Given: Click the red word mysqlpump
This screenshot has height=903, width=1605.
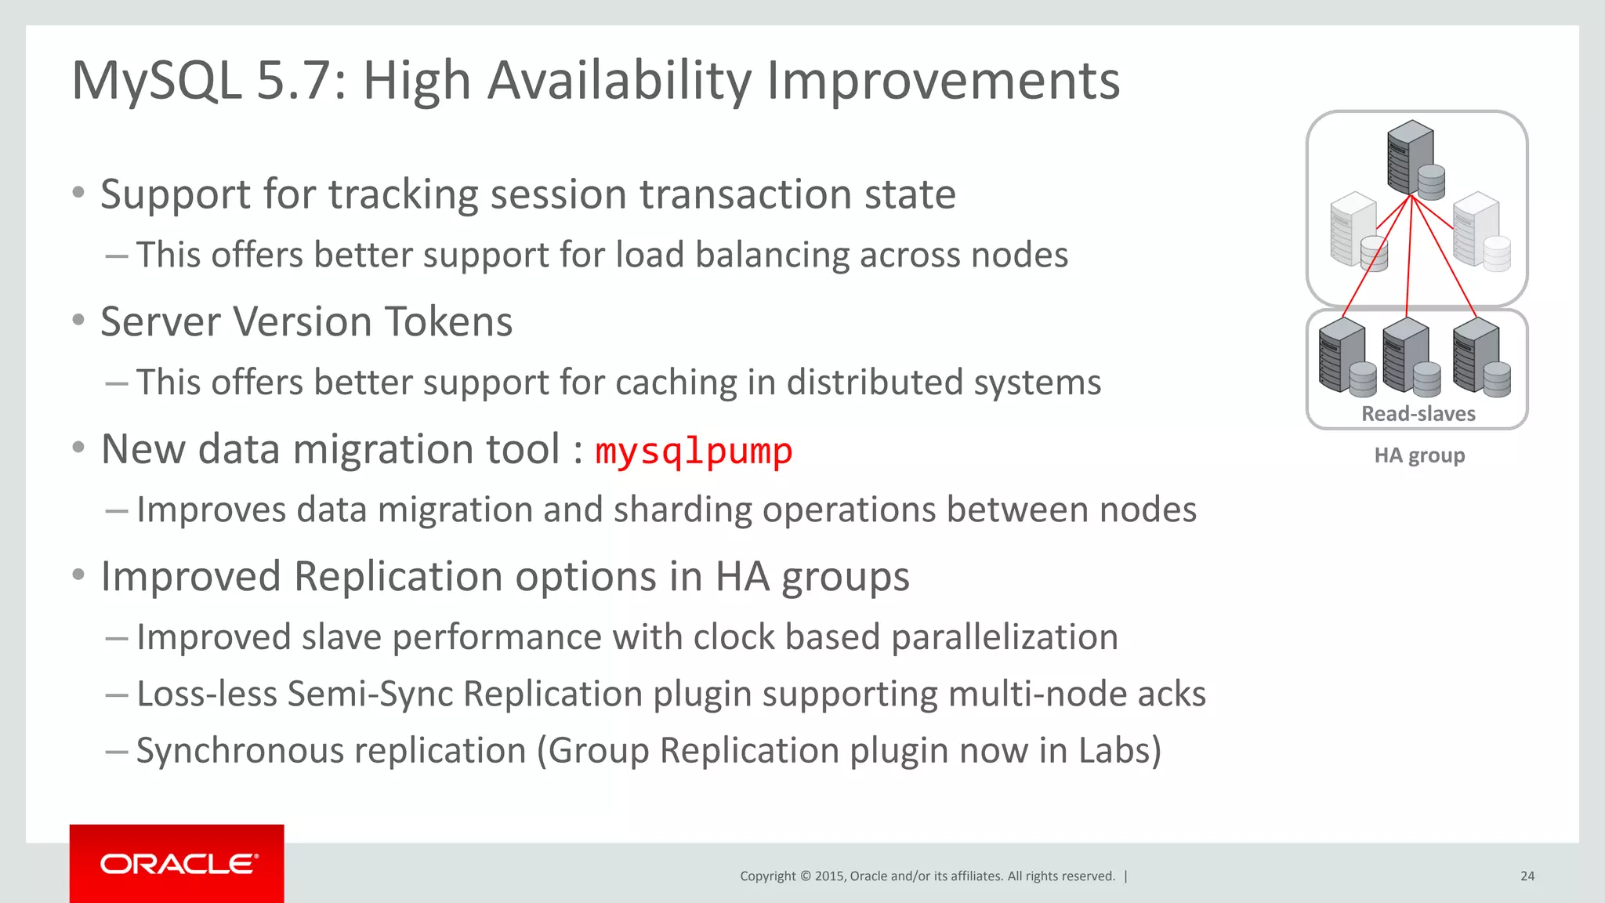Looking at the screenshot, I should pyautogui.click(x=694, y=451).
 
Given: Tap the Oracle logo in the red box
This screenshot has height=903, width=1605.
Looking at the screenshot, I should pyautogui.click(x=179, y=864).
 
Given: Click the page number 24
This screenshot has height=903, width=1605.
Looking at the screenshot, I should pyautogui.click(x=1527, y=876).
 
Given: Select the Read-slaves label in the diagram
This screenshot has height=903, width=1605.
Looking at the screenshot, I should pyautogui.click(x=1418, y=414).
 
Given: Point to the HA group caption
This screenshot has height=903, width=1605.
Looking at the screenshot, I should pyautogui.click(x=1419, y=455).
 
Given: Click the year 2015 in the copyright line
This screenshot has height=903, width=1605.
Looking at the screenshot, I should pyautogui.click(x=828, y=876).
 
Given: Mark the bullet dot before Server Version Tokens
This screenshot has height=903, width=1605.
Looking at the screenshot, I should pyautogui.click(x=78, y=320).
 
